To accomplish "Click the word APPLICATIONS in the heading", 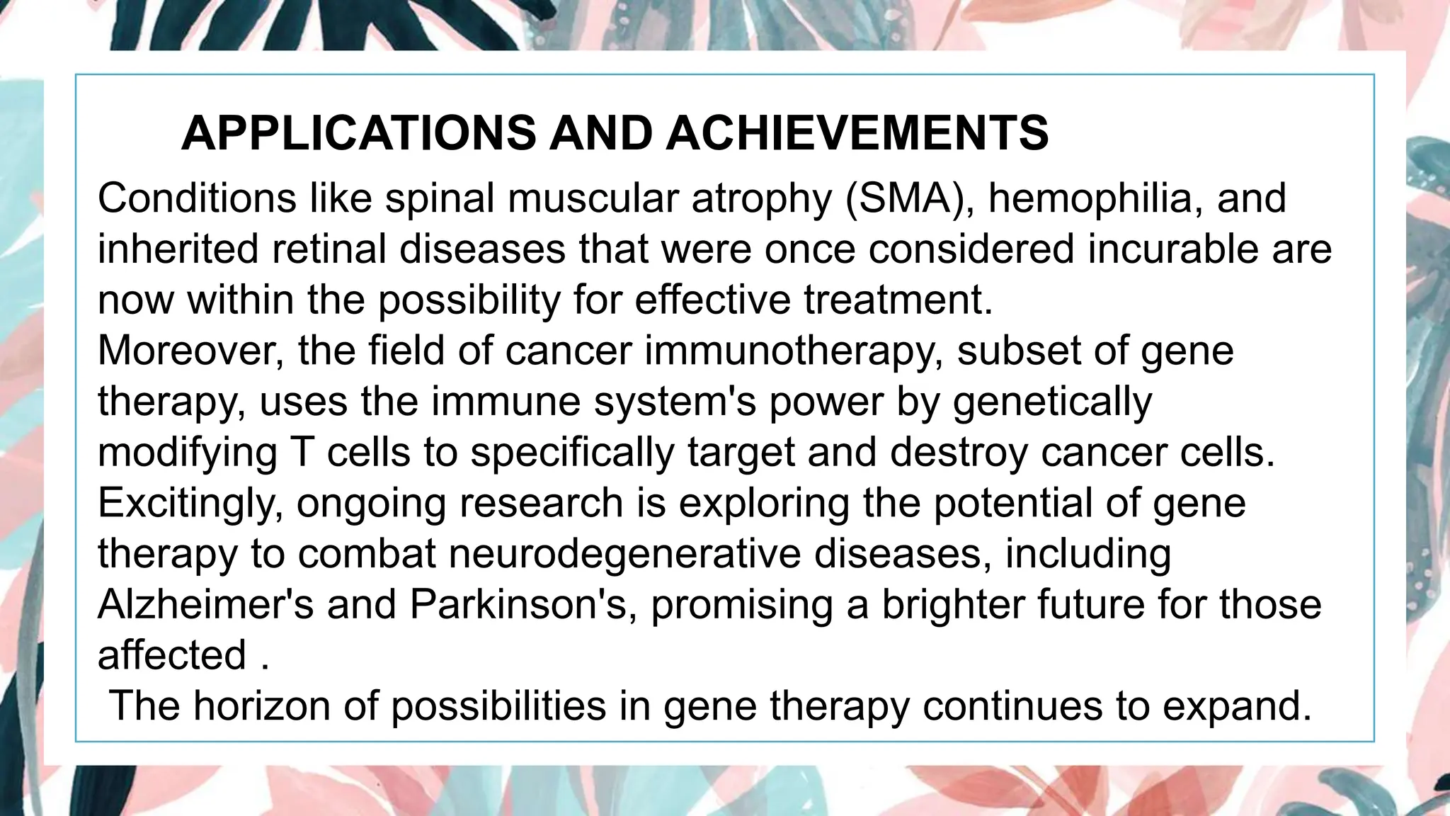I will (359, 133).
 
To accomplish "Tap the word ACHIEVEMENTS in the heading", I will (857, 133).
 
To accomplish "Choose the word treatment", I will (898, 300).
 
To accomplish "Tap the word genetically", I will (1053, 402).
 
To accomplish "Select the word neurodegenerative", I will (626, 555).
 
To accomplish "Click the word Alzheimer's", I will (205, 605).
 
